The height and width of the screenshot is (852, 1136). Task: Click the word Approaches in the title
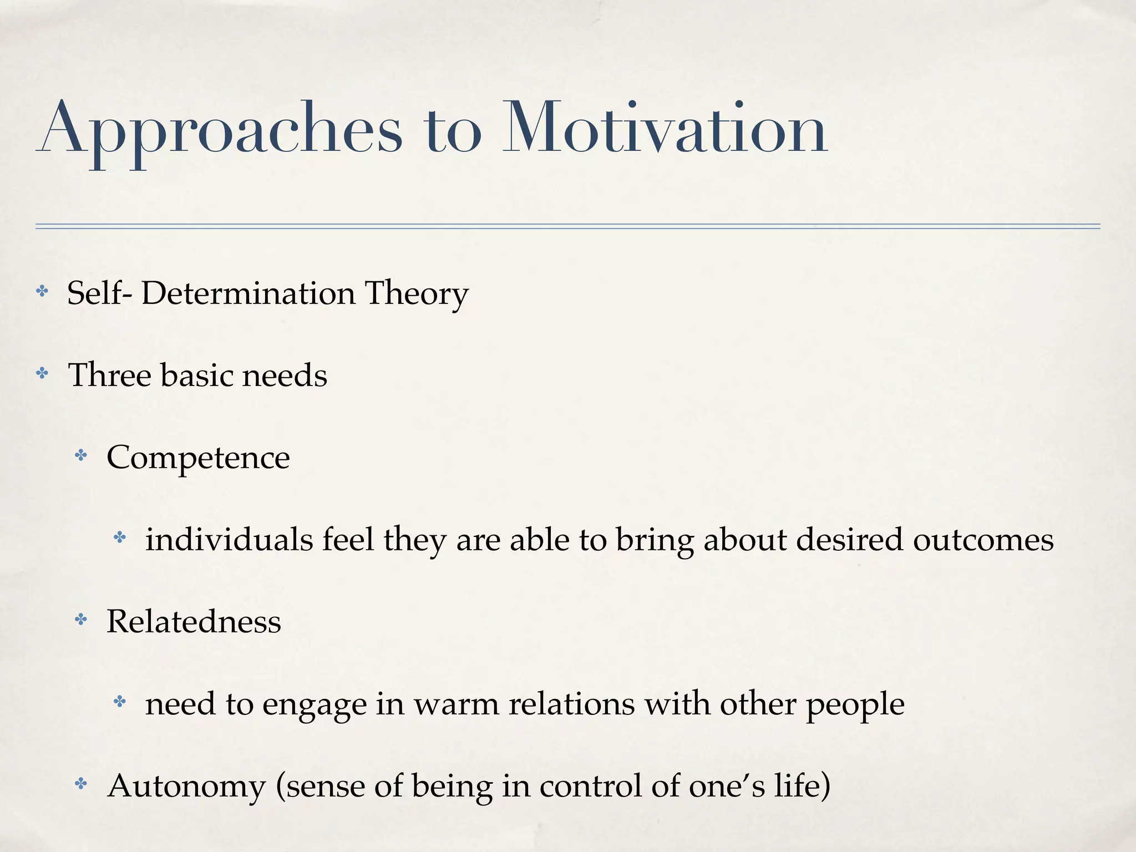[220, 130]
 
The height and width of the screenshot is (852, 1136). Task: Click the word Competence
[198, 458]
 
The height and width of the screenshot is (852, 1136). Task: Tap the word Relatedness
[194, 621]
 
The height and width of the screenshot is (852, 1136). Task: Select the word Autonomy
[186, 787]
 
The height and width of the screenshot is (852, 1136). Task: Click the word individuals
[229, 539]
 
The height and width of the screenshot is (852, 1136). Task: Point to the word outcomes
[983, 539]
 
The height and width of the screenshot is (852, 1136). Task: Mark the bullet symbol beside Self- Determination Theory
[42, 291]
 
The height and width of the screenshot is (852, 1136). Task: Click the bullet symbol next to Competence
[81, 456]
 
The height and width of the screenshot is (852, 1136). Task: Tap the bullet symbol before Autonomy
[81, 784]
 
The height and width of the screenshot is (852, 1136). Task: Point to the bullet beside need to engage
[120, 702]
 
